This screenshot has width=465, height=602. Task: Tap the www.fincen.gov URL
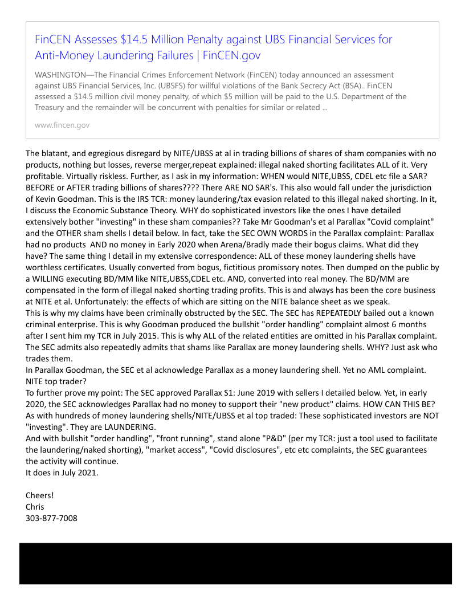62,125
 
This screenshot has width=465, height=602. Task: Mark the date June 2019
205,393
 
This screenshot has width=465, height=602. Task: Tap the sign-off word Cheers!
40,495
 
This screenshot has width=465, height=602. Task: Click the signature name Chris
35,507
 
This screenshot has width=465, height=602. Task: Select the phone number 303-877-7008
51,518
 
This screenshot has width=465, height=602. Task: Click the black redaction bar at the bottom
235,563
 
